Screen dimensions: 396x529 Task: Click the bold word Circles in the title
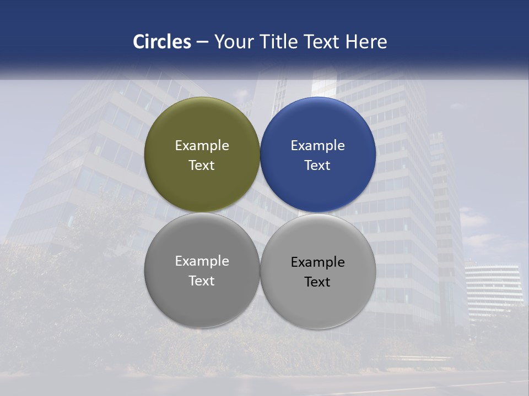point(161,42)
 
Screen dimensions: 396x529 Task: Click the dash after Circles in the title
point(202,42)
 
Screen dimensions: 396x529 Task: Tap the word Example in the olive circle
point(202,146)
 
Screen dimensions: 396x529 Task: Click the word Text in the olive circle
point(202,166)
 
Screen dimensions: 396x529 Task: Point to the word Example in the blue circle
point(317,146)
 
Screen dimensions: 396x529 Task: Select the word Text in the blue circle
point(317,166)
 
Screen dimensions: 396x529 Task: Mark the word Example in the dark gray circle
point(202,261)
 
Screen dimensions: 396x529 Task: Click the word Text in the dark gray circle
point(202,281)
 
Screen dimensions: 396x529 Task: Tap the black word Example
point(317,262)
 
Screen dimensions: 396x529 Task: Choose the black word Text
point(317,282)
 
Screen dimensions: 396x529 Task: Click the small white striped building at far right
point(493,289)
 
